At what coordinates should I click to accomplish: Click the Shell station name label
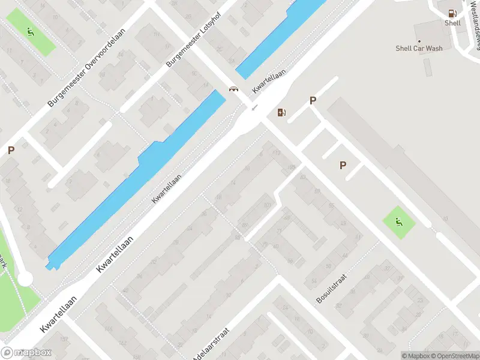tap(452, 23)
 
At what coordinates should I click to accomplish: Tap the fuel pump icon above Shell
tap(452, 12)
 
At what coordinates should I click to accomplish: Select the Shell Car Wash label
tap(419, 48)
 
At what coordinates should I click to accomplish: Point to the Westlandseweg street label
tap(471, 33)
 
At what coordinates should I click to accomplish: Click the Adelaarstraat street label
tap(212, 344)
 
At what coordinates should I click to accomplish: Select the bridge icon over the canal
tap(233, 89)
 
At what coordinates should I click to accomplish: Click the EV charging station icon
tap(281, 112)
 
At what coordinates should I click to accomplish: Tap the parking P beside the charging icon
tap(313, 101)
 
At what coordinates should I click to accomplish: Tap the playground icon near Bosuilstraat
tap(399, 223)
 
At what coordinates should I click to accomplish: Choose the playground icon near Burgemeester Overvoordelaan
tap(30, 31)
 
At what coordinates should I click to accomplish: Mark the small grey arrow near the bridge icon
tap(254, 107)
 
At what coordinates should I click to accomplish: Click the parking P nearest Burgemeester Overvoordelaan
tap(11, 151)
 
